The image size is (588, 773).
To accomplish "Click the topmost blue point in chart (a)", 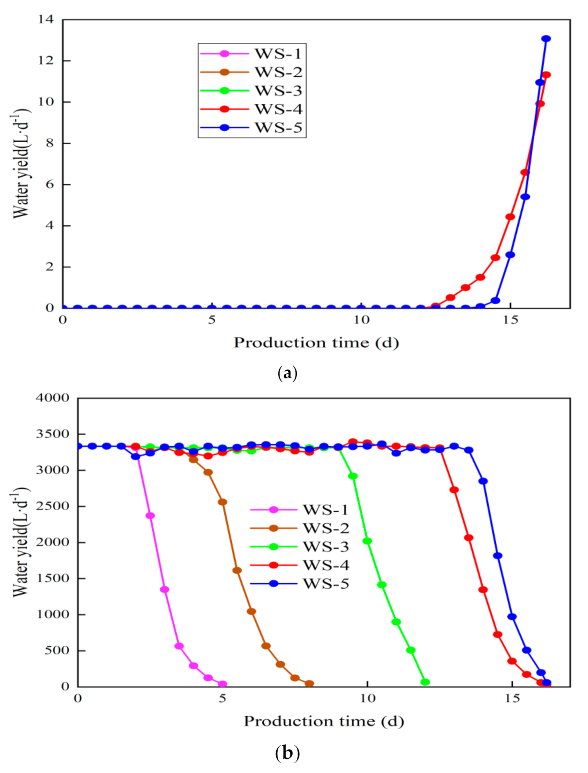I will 546,39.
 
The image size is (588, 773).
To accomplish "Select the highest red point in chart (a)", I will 546,75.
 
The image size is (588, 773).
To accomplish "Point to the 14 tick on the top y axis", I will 46,20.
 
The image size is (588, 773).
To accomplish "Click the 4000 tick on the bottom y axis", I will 52,398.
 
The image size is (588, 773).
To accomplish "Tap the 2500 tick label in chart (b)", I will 52,506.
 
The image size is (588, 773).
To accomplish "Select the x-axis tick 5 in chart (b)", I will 222,699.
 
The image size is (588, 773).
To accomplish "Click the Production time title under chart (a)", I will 316,343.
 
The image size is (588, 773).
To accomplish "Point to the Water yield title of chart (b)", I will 20,542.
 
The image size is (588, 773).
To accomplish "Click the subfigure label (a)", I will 287,373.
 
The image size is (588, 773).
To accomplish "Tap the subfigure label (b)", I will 287,752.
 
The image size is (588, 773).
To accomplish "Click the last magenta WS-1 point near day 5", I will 222,684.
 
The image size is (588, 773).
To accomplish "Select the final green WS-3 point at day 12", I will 425,682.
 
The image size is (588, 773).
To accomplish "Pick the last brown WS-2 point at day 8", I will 309,683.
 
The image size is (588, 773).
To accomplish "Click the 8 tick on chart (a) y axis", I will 50,143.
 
